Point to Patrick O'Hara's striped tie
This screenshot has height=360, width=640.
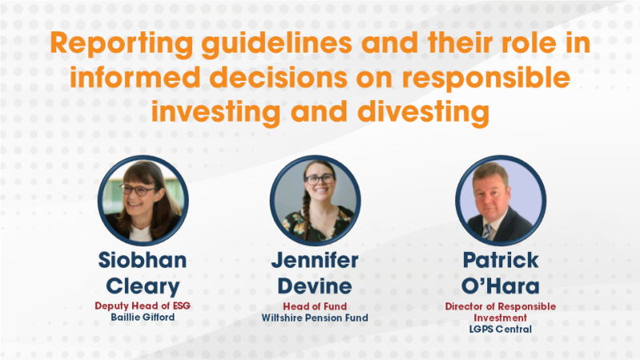pos(486,231)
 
